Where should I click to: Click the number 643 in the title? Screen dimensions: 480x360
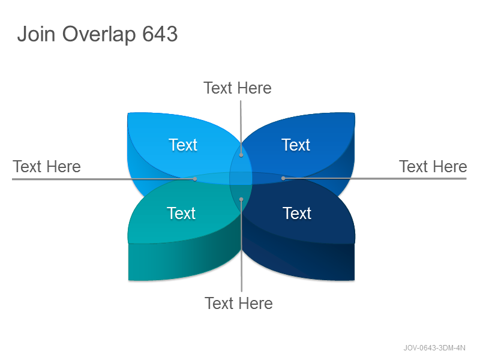coord(160,34)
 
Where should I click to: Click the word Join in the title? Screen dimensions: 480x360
coord(36,34)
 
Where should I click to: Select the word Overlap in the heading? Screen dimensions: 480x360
coord(99,35)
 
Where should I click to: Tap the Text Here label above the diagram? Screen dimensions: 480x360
coord(238,88)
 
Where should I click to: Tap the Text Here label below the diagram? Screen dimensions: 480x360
coord(239,304)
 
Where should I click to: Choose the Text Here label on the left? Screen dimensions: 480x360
coord(47,167)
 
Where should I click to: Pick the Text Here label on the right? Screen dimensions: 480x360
coord(433,167)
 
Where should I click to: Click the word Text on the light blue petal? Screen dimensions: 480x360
coord(183,145)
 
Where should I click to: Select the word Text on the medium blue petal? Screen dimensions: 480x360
coord(296,145)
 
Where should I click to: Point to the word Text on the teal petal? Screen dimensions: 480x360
coord(181,213)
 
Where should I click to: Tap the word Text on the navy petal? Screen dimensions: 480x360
coord(297,213)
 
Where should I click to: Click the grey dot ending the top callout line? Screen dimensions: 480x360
coord(241,155)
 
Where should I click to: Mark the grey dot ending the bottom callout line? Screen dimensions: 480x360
coord(241,199)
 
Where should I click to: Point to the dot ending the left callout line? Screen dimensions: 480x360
coord(195,179)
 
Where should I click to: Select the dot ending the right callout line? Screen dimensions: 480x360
coord(283,178)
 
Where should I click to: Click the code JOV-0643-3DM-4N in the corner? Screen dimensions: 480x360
coord(434,348)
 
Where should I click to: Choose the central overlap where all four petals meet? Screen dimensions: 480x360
coord(241,178)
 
